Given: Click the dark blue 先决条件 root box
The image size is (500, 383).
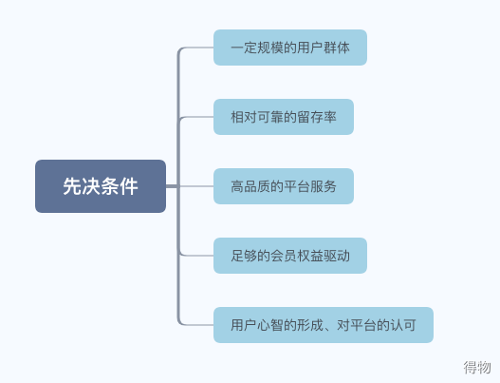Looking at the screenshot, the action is pos(101,186).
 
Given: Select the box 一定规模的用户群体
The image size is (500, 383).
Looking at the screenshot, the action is pos(290,48).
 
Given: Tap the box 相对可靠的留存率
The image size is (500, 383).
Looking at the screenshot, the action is pos(284,117).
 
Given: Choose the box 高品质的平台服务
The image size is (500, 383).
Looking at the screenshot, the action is pos(284,186).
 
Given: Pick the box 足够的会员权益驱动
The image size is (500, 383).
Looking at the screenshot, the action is pos(290,256).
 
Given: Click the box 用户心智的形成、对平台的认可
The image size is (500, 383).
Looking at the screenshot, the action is pos(324,325).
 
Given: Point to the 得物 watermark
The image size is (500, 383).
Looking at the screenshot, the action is pos(477,367).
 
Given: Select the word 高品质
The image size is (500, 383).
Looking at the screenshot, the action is pos(250,186).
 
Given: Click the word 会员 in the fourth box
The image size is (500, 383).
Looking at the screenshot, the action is pos(284,256).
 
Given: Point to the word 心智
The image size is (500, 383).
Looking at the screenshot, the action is pos(270,325).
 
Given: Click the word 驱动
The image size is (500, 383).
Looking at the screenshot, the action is pos(337,256).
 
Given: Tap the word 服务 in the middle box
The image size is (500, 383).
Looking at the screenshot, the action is pos(324,186).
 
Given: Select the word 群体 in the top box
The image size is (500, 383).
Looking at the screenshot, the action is pos(337,48).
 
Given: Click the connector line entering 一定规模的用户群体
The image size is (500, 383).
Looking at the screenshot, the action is pos(195,48).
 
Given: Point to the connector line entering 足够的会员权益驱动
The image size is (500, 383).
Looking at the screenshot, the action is pos(195,256).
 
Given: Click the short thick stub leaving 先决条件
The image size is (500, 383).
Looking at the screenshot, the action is pos(172,186).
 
